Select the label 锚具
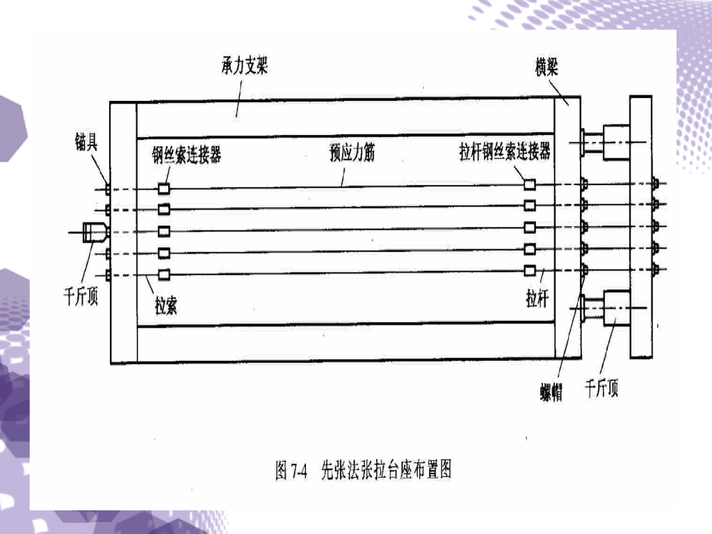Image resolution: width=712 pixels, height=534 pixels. click(x=87, y=144)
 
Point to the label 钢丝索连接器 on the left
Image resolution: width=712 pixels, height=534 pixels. click(x=187, y=154)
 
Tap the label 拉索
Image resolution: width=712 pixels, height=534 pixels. click(x=165, y=305)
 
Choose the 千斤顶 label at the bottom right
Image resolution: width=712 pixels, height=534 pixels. click(x=601, y=389)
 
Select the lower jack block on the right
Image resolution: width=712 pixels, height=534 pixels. click(x=616, y=306)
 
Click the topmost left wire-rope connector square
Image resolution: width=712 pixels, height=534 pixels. click(x=165, y=188)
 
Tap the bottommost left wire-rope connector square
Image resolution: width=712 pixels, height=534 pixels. click(x=165, y=275)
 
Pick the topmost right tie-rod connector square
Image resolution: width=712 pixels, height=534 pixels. click(x=530, y=184)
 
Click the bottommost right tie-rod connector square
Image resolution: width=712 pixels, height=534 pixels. click(x=530, y=270)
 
